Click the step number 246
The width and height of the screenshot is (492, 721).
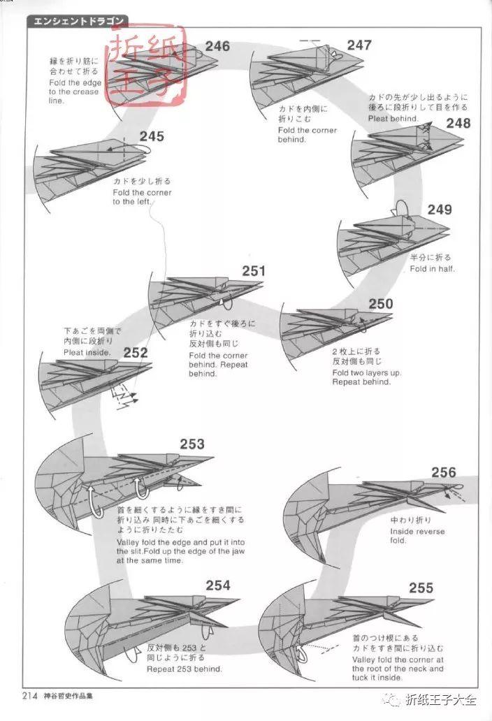click(217, 47)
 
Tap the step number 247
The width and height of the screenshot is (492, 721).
click(359, 45)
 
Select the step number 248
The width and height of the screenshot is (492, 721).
click(458, 124)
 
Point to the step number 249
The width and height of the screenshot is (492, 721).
click(440, 210)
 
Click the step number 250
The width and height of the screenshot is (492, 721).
click(381, 304)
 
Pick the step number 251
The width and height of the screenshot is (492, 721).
click(254, 271)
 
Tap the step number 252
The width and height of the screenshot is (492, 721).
click(136, 353)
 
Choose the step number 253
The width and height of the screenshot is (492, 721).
click(192, 444)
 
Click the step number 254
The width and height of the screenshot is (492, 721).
click(218, 585)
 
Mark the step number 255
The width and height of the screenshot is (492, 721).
click(421, 588)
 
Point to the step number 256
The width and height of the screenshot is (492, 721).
click(443, 472)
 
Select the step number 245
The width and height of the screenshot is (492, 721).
click(152, 136)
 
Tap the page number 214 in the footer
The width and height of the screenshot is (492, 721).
click(29, 695)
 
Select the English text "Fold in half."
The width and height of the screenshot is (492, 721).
click(432, 268)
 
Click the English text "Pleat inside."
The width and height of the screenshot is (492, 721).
click(87, 353)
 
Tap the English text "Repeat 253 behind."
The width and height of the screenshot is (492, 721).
click(184, 669)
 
